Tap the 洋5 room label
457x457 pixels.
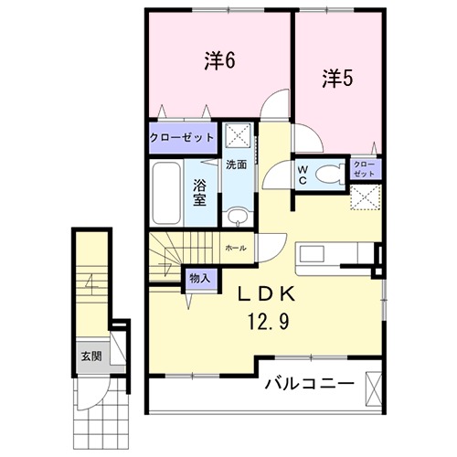coord(336,79)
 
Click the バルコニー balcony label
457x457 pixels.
coord(308,384)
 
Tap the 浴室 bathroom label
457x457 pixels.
coord(199,191)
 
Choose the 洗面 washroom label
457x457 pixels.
coord(236,165)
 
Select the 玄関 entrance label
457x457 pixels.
coord(90,356)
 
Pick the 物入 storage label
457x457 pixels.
coord(198,278)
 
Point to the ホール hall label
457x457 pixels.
coord(234,248)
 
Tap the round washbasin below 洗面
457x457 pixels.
coord(238,217)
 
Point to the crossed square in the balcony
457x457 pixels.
coord(373,388)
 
